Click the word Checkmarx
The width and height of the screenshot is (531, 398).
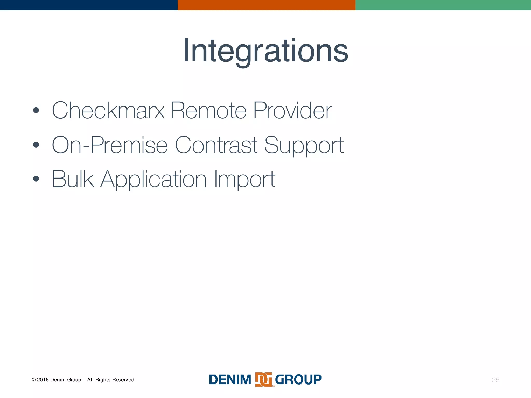point(108,111)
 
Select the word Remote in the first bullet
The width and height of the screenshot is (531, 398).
point(208,111)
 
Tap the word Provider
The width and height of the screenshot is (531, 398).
point(292,111)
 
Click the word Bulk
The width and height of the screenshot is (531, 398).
point(73,179)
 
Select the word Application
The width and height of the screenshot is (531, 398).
point(153,180)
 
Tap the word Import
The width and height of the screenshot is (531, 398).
point(244,180)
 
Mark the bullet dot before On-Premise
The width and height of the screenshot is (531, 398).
point(36,145)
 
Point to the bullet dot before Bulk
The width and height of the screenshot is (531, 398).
point(36,179)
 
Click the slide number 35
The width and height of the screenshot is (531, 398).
point(495,380)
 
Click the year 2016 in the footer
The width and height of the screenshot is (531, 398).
point(43,380)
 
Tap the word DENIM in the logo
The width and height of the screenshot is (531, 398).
point(230,380)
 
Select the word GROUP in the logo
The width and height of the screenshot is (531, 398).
point(298,380)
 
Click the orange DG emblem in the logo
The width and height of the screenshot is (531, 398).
point(263,380)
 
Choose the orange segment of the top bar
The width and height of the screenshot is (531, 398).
point(266,5)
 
